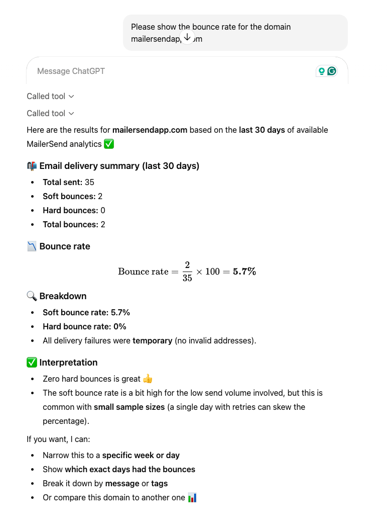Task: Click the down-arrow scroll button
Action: [187, 37]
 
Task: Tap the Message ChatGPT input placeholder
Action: [71, 71]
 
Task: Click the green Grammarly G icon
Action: [331, 71]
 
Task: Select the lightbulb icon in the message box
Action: [321, 71]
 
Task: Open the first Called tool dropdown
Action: [50, 96]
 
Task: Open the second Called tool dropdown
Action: [50, 113]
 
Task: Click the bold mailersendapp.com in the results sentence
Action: [150, 130]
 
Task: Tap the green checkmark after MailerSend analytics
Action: [109, 144]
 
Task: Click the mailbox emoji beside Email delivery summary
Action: [32, 166]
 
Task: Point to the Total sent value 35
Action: [89, 182]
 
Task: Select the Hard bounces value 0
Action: [103, 210]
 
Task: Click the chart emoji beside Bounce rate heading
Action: [32, 246]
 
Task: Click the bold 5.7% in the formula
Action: [244, 272]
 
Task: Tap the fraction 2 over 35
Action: [187, 272]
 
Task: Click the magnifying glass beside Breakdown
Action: [32, 296]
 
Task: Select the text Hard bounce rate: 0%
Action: [84, 326]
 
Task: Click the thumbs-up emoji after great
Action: [147, 379]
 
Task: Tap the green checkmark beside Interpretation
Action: [32, 363]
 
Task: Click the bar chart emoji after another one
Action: [192, 498]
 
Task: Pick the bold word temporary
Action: [152, 340]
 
